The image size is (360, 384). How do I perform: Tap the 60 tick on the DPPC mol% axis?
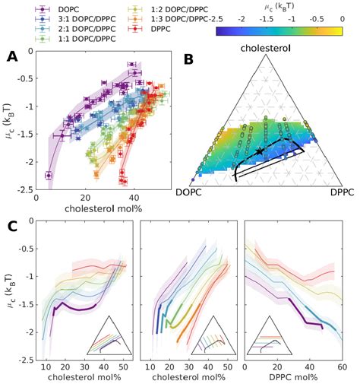coord(341,367)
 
